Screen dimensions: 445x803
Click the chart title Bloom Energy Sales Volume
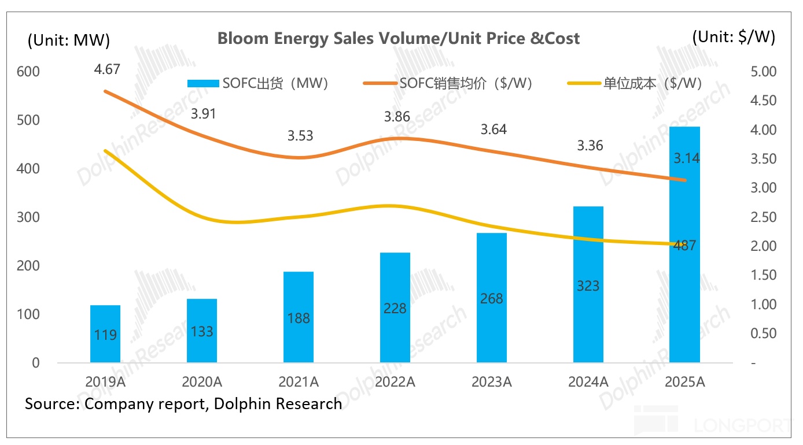[x=398, y=39]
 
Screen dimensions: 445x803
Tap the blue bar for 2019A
[x=105, y=334]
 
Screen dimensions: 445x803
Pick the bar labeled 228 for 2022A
[x=395, y=307]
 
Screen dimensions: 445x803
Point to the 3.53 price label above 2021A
[x=300, y=136]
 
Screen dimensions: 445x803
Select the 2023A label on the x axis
[x=491, y=381]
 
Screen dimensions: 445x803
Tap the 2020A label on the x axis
[x=202, y=381]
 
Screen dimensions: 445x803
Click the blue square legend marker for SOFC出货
[x=204, y=83]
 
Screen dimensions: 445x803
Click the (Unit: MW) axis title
[x=68, y=40]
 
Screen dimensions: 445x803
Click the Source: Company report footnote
[x=183, y=403]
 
